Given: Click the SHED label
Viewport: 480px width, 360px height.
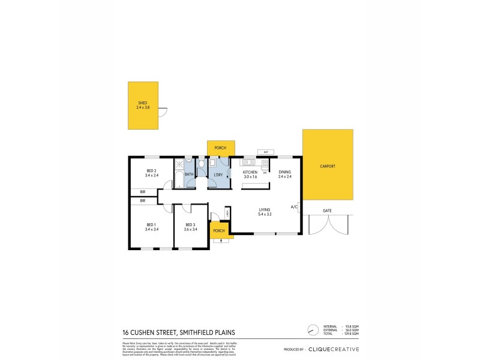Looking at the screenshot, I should (x=143, y=103).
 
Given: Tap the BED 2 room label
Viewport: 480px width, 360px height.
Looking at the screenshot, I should (x=152, y=171).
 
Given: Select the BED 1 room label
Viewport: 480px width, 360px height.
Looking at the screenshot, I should (x=152, y=225).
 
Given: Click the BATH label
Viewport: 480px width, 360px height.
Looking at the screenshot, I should (x=189, y=175).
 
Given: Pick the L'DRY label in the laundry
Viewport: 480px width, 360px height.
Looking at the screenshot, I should (x=218, y=175).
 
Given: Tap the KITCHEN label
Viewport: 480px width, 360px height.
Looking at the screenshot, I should (x=250, y=172).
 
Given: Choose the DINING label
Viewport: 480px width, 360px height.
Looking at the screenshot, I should (x=285, y=172).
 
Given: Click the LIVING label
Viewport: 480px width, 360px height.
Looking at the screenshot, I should (x=265, y=210).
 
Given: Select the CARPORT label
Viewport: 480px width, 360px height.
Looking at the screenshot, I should (x=328, y=166).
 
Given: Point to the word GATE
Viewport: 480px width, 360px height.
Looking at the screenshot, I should (x=327, y=211).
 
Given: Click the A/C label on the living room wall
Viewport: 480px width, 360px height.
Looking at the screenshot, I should (x=294, y=207).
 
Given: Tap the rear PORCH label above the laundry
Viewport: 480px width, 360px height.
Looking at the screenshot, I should (x=220, y=147).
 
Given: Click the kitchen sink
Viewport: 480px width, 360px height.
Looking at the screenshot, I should (x=248, y=162).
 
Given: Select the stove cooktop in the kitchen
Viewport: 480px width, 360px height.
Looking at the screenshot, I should (x=265, y=162).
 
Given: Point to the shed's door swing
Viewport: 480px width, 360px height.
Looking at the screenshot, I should (x=163, y=111).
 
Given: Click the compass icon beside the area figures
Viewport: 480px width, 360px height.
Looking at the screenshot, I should (x=312, y=329).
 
